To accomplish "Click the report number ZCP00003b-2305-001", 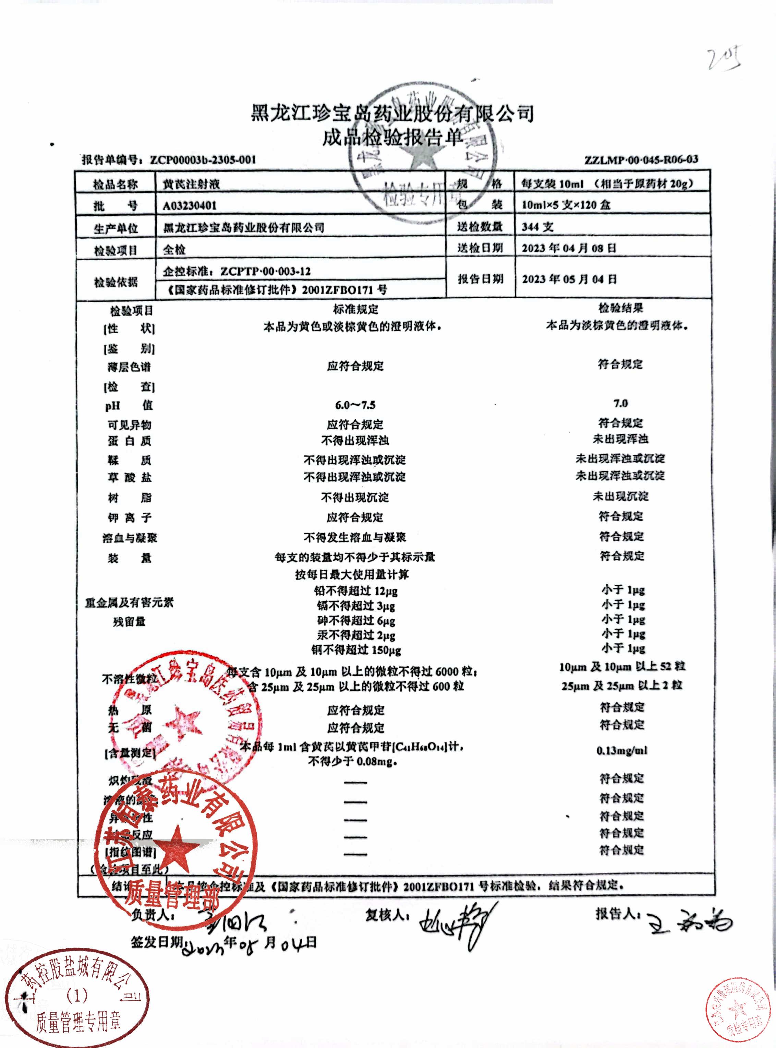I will [203, 160].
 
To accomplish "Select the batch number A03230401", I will [190, 206].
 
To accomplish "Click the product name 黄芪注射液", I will [191, 184].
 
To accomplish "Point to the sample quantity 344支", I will [537, 227].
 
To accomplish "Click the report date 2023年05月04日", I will [569, 279].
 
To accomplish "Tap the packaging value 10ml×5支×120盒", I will [566, 205].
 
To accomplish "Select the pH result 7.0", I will [620, 403].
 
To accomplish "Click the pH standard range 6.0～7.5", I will [355, 405].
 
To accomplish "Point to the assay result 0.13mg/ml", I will [622, 751].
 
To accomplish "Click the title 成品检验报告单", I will [392, 138].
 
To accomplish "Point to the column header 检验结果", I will [620, 308].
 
